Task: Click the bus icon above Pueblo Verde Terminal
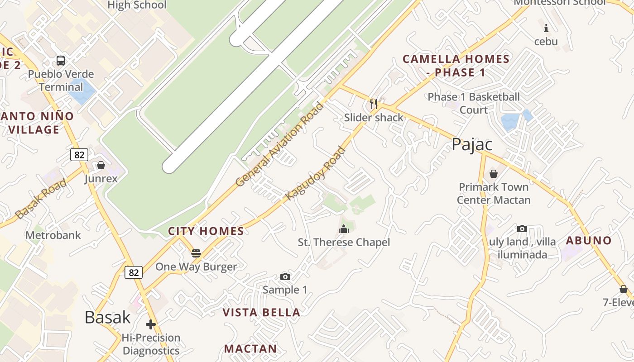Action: pyautogui.click(x=60, y=60)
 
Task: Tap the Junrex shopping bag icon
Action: pyautogui.click(x=101, y=165)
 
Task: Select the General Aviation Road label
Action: pyautogui.click(x=280, y=144)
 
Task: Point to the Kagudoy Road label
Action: pyautogui.click(x=316, y=174)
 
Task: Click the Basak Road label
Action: pyautogui.click(x=41, y=199)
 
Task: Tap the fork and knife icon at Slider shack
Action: pyautogui.click(x=374, y=104)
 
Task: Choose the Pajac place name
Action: pyautogui.click(x=472, y=145)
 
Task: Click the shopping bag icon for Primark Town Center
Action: pyautogui.click(x=494, y=174)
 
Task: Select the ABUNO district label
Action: pyautogui.click(x=589, y=240)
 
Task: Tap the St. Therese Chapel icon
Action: pyautogui.click(x=344, y=229)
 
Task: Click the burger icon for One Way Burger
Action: pyautogui.click(x=196, y=253)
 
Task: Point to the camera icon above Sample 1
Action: pyautogui.click(x=285, y=276)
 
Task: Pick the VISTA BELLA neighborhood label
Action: pyautogui.click(x=261, y=312)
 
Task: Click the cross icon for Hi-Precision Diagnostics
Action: pyautogui.click(x=151, y=324)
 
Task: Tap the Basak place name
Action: pyautogui.click(x=107, y=317)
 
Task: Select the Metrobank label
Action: pyautogui.click(x=53, y=235)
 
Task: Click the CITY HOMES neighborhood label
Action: pyautogui.click(x=206, y=231)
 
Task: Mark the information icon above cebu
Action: pyautogui.click(x=546, y=29)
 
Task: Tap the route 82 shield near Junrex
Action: pyautogui.click(x=79, y=155)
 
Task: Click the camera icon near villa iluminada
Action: pyautogui.click(x=522, y=229)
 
